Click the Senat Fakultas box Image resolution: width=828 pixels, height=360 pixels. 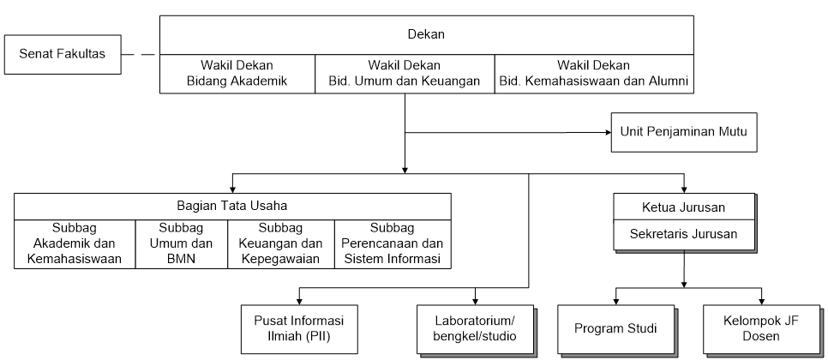pyautogui.click(x=63, y=54)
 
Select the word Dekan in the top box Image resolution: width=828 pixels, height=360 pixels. pyautogui.click(x=426, y=35)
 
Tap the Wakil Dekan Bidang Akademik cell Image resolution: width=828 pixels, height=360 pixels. pyautogui.click(x=237, y=74)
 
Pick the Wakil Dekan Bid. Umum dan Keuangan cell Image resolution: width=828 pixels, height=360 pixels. pyautogui.click(x=405, y=74)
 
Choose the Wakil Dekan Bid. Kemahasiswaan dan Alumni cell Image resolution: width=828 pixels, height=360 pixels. pyautogui.click(x=594, y=74)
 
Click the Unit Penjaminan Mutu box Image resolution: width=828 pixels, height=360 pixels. pyautogui.click(x=684, y=132)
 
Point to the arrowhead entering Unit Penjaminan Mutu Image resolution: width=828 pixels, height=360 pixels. pyautogui.click(x=608, y=133)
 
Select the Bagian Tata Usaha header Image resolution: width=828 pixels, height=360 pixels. pyautogui.click(x=232, y=207)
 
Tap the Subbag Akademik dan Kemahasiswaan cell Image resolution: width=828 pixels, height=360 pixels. pyautogui.click(x=75, y=244)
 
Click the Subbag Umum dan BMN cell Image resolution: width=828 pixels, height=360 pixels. pyautogui.click(x=181, y=244)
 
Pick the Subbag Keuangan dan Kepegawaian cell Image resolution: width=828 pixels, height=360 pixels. pyautogui.click(x=281, y=244)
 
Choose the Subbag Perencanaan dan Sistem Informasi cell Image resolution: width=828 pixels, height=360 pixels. pyautogui.click(x=393, y=244)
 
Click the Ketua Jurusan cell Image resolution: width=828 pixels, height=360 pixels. pyautogui.click(x=684, y=207)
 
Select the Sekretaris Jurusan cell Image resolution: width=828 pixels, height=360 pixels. pyautogui.click(x=684, y=234)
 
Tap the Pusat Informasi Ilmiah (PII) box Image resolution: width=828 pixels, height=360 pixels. pyautogui.click(x=299, y=329)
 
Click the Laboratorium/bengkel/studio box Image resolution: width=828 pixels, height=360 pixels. pyautogui.click(x=475, y=329)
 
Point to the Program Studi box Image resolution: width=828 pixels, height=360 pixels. pyautogui.click(x=615, y=329)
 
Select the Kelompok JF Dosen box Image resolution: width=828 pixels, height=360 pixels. pyautogui.click(x=761, y=329)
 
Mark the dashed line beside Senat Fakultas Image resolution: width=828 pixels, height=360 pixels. pyautogui.click(x=138, y=54)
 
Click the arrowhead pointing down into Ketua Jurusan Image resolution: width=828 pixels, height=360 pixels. pyautogui.click(x=684, y=189)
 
